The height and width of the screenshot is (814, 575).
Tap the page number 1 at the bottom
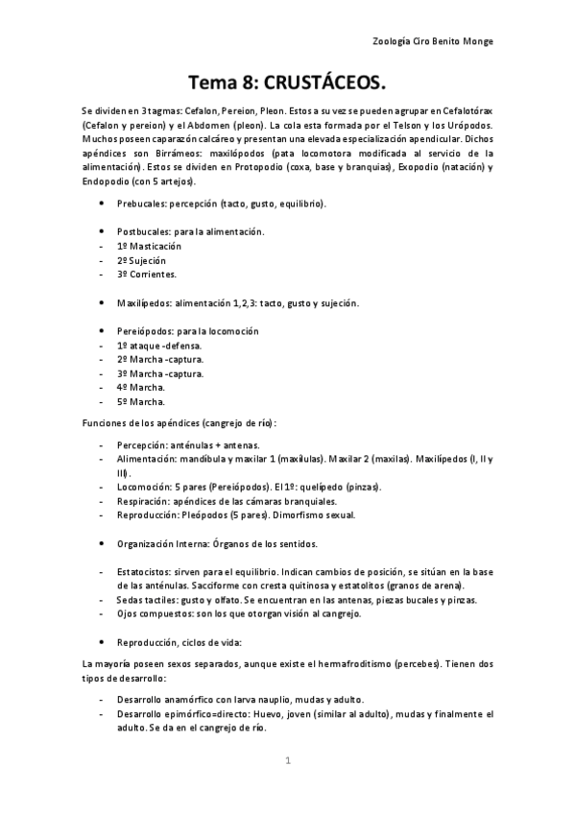pos(287,760)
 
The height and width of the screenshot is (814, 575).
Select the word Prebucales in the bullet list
pos(140,204)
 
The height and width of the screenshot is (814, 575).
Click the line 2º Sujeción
pos(141,260)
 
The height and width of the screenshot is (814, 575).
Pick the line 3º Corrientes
pos(146,274)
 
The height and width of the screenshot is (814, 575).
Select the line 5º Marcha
pos(140,401)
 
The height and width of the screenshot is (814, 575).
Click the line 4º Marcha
pos(140,387)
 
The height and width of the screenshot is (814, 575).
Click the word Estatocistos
pos(143,572)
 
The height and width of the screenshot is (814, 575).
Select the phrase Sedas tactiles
pos(145,600)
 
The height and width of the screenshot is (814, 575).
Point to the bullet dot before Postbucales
pos(103,232)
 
